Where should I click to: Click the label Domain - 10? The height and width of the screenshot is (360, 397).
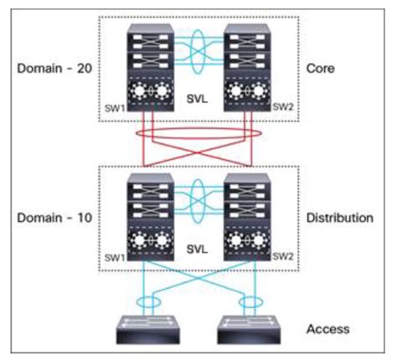[x=50, y=218]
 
